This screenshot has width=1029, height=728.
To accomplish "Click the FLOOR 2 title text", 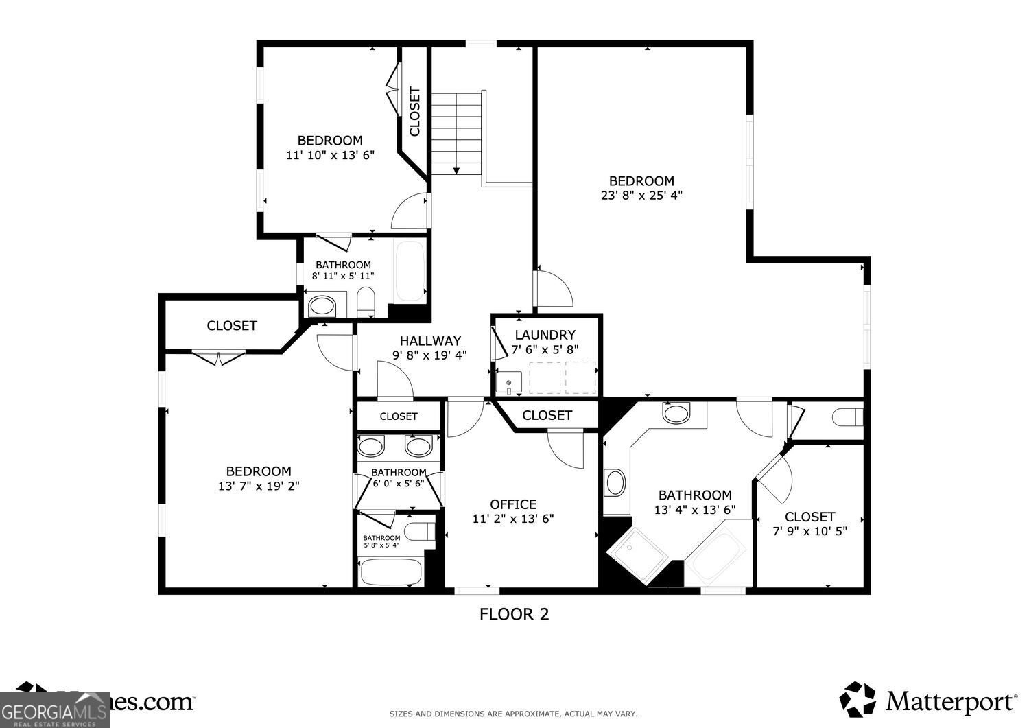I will (514, 614).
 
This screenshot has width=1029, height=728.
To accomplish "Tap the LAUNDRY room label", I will (545, 335).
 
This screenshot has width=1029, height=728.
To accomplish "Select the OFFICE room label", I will (512, 504).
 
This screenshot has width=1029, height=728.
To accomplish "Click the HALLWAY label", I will (430, 340).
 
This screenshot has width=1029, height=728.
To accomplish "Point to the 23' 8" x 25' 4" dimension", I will (641, 195).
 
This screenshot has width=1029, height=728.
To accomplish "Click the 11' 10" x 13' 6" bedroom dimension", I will (330, 155).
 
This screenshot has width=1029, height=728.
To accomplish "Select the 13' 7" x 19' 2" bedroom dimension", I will (259, 486).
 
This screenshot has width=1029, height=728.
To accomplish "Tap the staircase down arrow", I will (456, 169).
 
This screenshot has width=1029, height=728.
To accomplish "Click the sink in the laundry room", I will (509, 383).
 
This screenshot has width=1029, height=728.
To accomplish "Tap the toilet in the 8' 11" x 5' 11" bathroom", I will (366, 303).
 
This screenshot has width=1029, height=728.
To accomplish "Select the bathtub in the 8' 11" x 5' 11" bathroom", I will (410, 271).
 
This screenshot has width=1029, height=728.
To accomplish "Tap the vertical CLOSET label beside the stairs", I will (414, 111).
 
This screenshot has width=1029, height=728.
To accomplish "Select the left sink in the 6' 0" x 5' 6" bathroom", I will (372, 447).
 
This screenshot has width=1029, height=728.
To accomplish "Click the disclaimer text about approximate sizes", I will (513, 714).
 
